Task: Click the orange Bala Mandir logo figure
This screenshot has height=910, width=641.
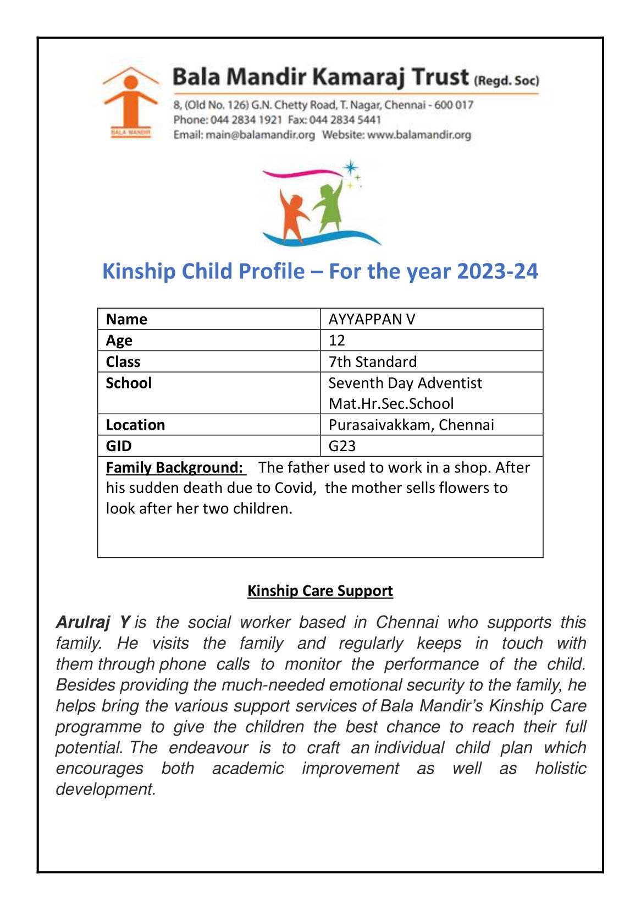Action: tap(130, 102)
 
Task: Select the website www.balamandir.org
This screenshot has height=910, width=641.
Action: tap(419, 135)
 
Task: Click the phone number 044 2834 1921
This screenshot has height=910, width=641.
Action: tap(246, 120)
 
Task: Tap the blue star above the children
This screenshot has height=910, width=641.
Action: tap(350, 168)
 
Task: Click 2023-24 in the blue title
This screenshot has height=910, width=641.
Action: tap(497, 272)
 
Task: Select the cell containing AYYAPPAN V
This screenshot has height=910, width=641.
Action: tap(372, 319)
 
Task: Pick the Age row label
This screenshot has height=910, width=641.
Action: tap(119, 341)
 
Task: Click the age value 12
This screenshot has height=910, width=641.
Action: tap(337, 341)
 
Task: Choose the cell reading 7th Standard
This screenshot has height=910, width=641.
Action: tap(373, 362)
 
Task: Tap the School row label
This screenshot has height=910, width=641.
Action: tap(129, 383)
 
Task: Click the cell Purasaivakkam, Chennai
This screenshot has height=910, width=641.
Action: tap(411, 425)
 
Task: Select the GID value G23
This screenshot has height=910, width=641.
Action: tap(342, 446)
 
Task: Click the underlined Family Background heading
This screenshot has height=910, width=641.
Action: tap(174, 468)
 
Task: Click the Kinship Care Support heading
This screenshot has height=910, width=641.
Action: tap(320, 591)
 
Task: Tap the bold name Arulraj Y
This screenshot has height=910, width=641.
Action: tap(93, 622)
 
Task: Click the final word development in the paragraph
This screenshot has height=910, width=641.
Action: tap(106, 790)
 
